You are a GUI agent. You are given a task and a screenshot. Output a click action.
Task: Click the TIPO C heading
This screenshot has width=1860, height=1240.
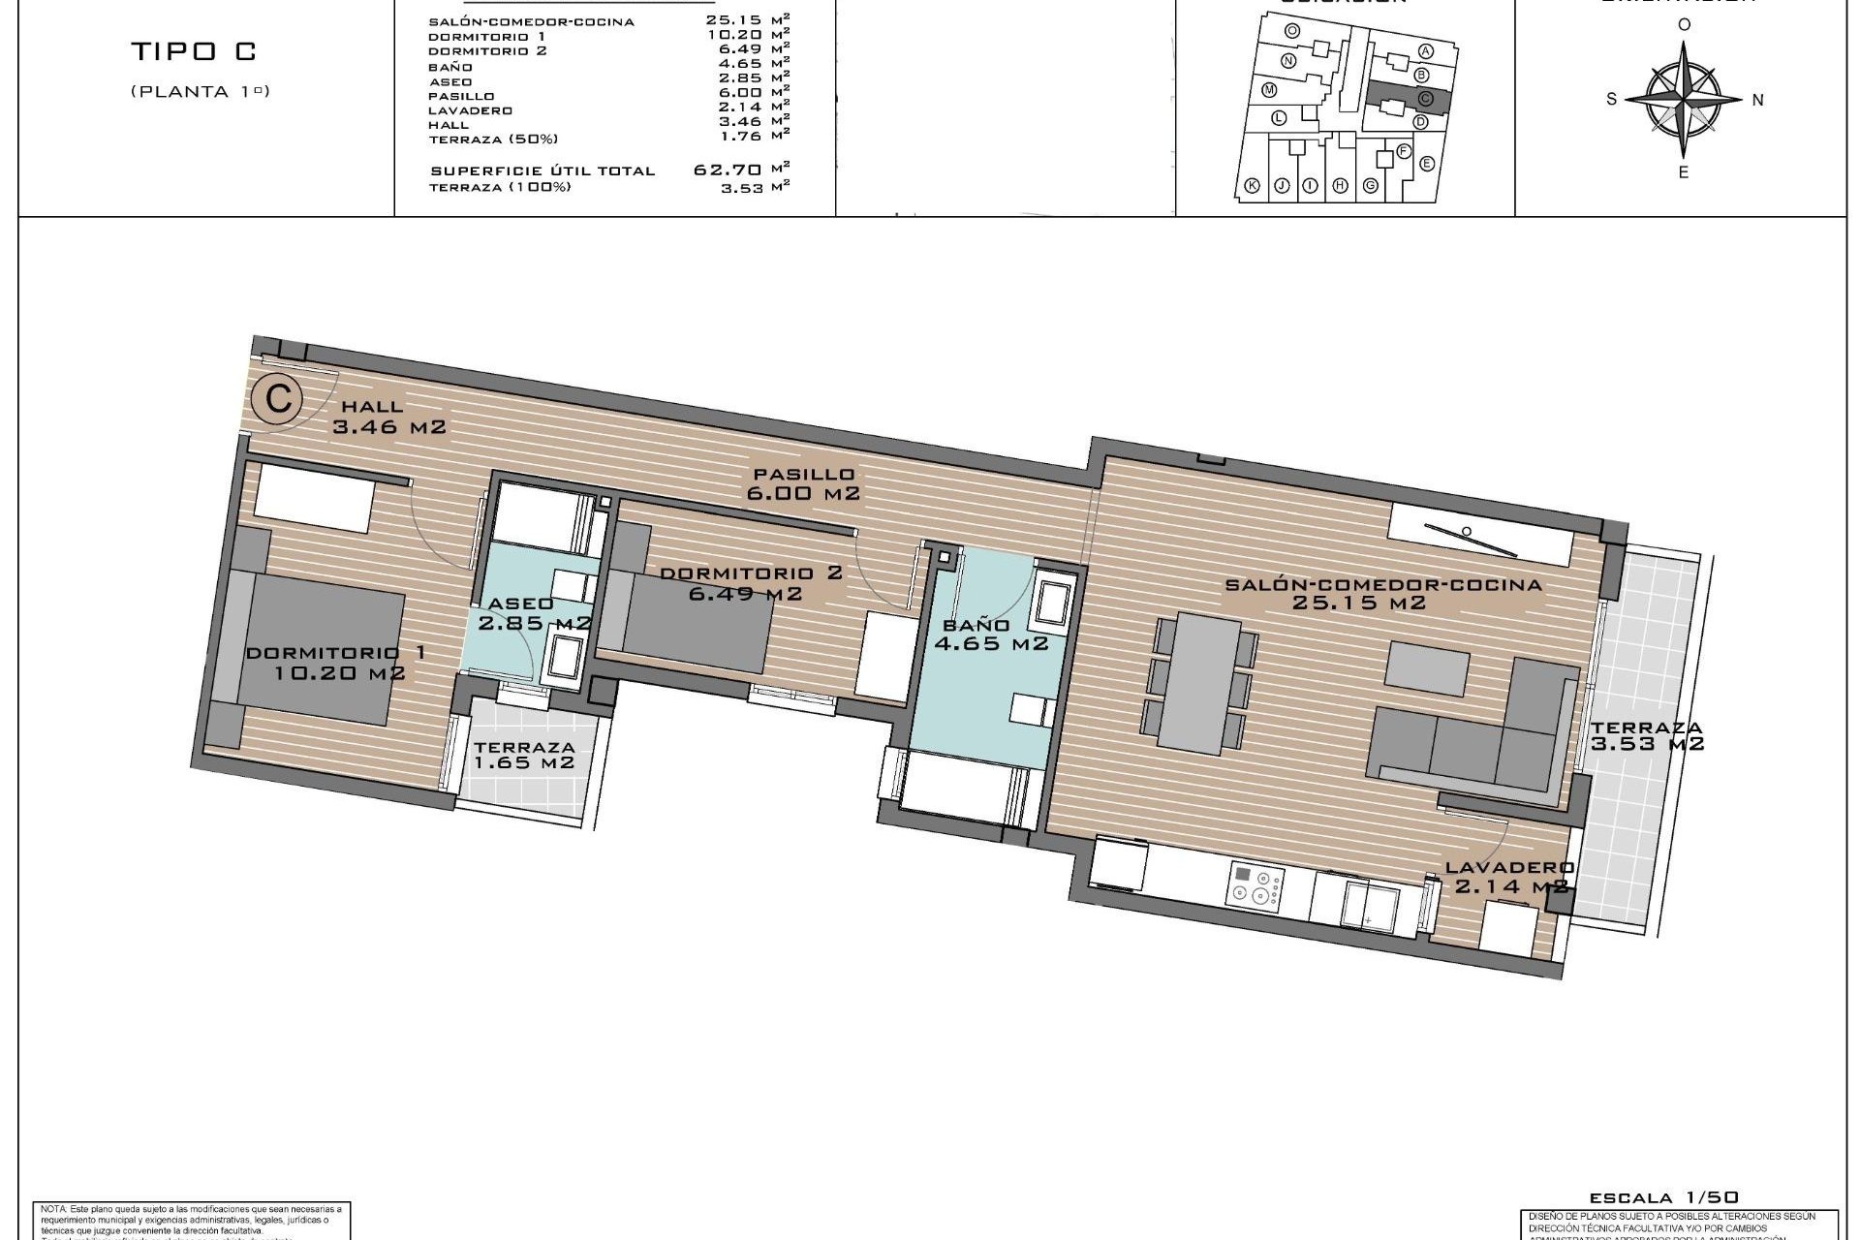click(195, 52)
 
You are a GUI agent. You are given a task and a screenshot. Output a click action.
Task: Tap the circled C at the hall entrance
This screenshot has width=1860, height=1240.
click(278, 399)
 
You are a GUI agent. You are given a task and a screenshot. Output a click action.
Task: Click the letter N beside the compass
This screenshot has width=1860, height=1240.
click(1758, 100)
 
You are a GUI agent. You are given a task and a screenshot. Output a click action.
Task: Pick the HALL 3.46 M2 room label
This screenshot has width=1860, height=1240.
click(387, 417)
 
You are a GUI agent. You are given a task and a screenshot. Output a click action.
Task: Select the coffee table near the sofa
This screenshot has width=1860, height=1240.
click(1427, 668)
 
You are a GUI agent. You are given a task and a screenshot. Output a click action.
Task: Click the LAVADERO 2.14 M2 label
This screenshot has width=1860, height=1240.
click(1510, 878)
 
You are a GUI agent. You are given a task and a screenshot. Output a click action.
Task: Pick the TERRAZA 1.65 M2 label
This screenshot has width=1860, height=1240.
click(524, 755)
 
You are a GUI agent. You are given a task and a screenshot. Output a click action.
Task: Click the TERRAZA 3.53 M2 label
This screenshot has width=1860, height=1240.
click(1646, 735)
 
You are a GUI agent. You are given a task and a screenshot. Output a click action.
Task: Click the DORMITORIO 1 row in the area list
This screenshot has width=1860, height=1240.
click(609, 36)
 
